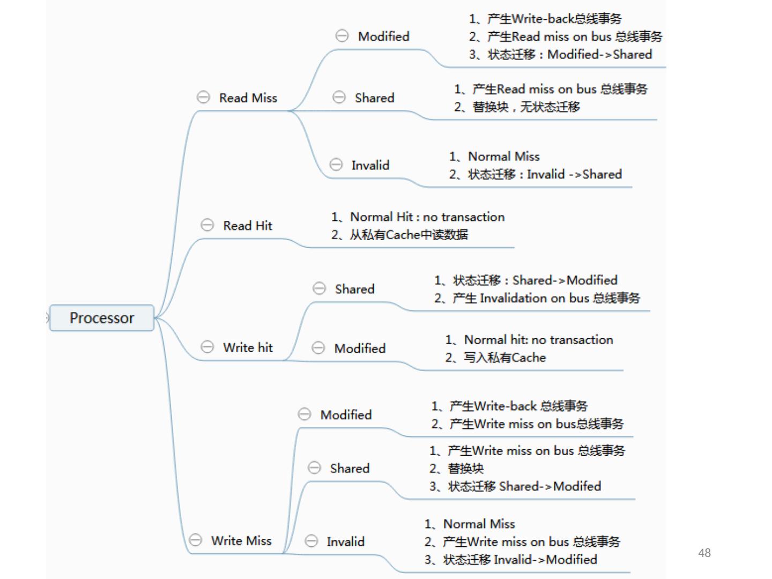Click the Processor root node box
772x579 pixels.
(x=102, y=318)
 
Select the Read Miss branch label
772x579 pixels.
(x=248, y=98)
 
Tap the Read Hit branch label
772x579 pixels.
(x=247, y=226)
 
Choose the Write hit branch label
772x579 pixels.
(x=248, y=347)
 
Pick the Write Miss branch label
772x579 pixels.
(x=241, y=540)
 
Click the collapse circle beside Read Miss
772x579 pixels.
(x=203, y=97)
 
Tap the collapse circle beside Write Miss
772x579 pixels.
(x=196, y=540)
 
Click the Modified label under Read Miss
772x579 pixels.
(x=383, y=36)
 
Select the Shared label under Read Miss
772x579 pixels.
(x=374, y=98)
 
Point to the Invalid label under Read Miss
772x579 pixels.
(x=370, y=165)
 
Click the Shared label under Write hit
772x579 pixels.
(x=354, y=289)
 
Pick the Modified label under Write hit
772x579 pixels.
(x=360, y=348)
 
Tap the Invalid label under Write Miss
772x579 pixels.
(x=345, y=541)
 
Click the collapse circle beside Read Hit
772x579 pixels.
(x=207, y=225)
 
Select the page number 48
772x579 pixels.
(x=704, y=553)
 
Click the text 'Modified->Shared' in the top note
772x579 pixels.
(x=599, y=55)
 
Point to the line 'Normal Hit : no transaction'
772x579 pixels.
(x=427, y=217)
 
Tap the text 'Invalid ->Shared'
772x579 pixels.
(x=574, y=174)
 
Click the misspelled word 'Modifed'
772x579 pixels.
(x=577, y=486)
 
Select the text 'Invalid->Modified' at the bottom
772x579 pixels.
(x=545, y=560)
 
